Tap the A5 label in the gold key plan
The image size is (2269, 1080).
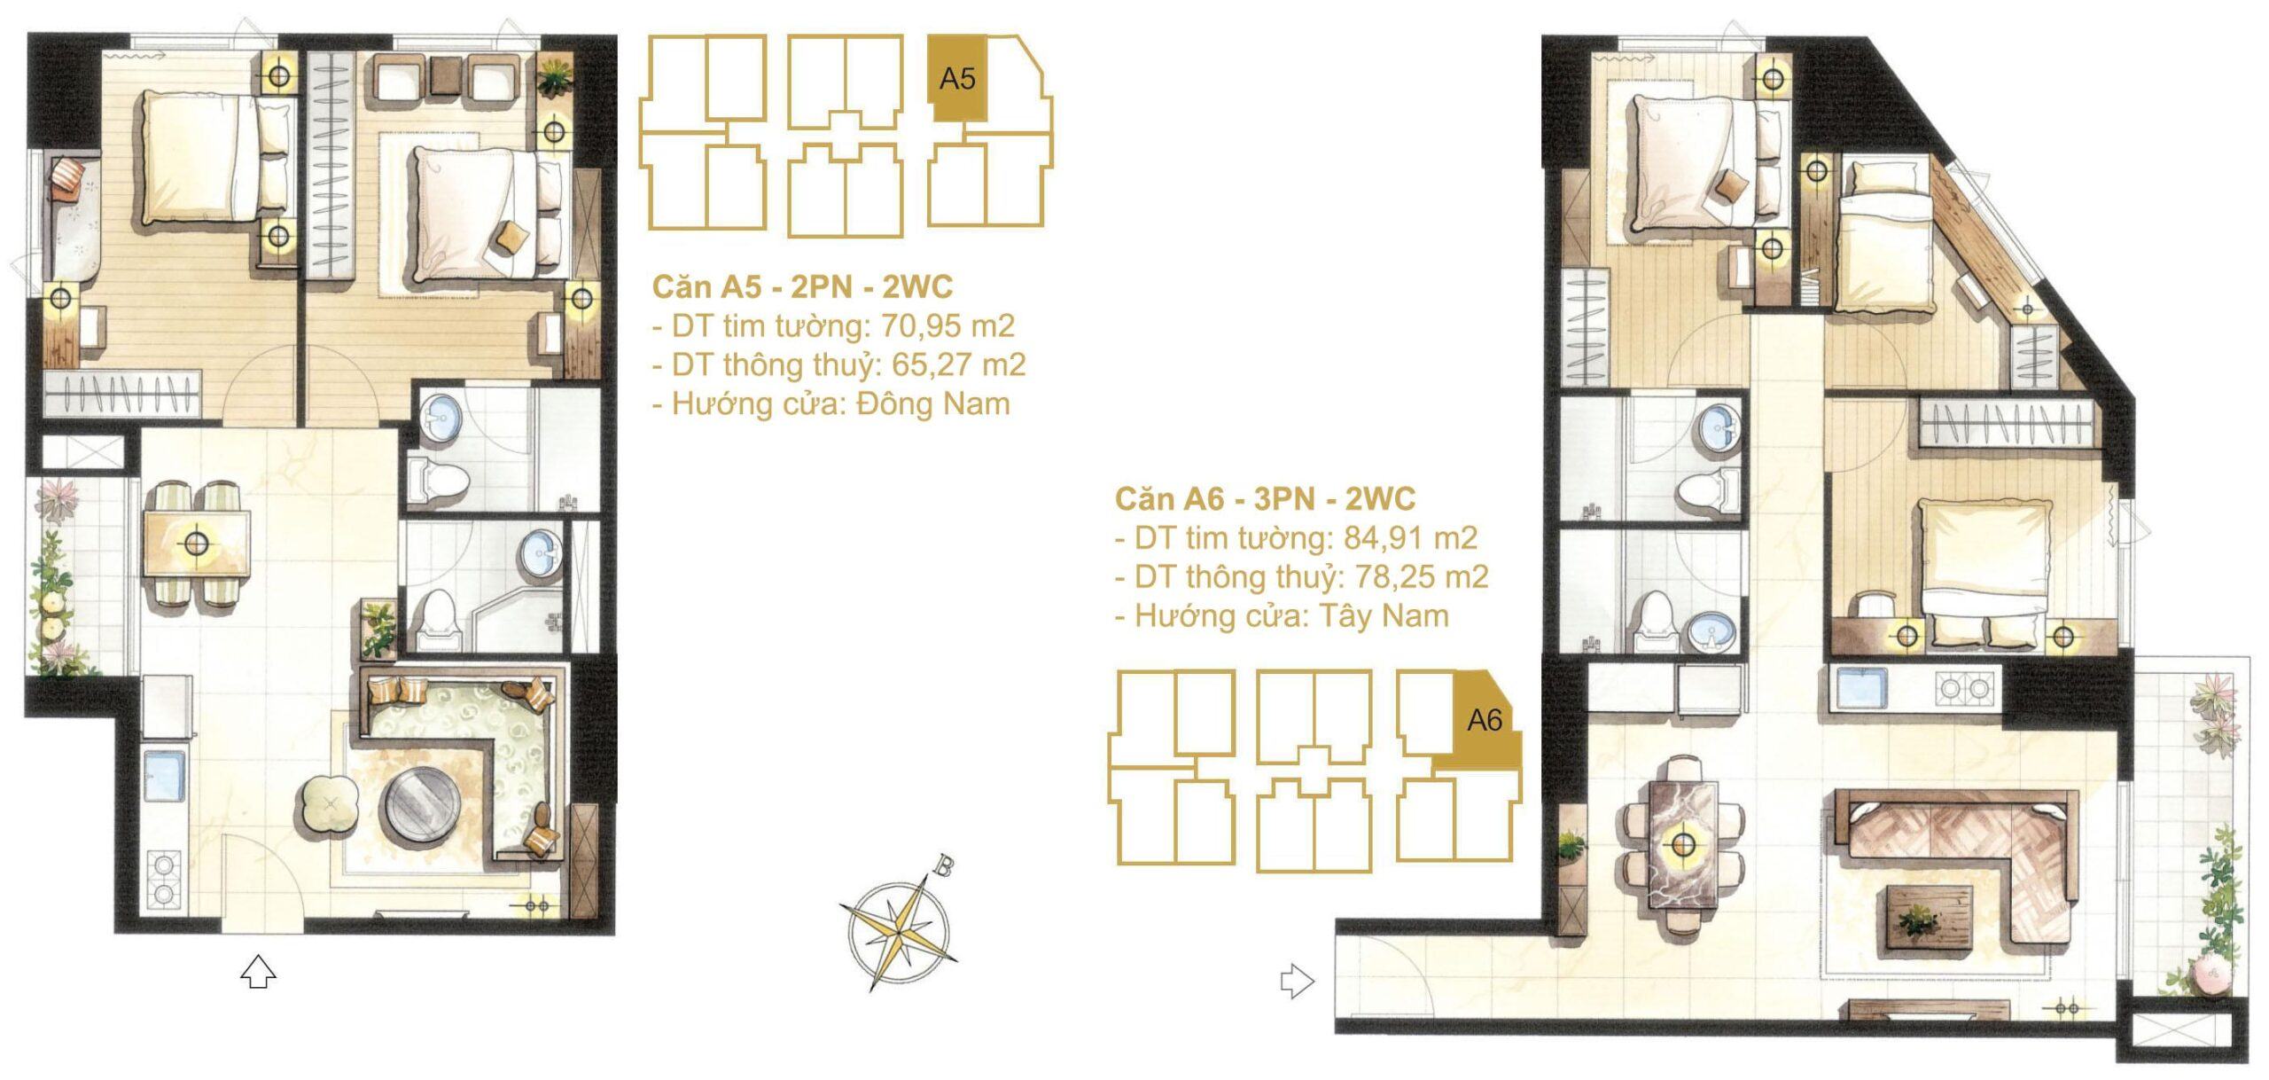point(957,79)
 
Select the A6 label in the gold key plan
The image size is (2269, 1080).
point(1485,720)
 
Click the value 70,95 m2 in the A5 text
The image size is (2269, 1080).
point(947,326)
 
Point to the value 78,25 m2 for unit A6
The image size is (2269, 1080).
point(1422,577)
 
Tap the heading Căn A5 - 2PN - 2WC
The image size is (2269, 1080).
point(802,286)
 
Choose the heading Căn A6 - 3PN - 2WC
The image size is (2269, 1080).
point(1265,499)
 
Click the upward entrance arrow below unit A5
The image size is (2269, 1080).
point(258,972)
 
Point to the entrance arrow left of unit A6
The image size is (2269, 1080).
point(1297,982)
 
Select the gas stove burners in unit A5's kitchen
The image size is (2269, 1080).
point(164,880)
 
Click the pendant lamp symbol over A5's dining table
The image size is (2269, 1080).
point(196,541)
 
